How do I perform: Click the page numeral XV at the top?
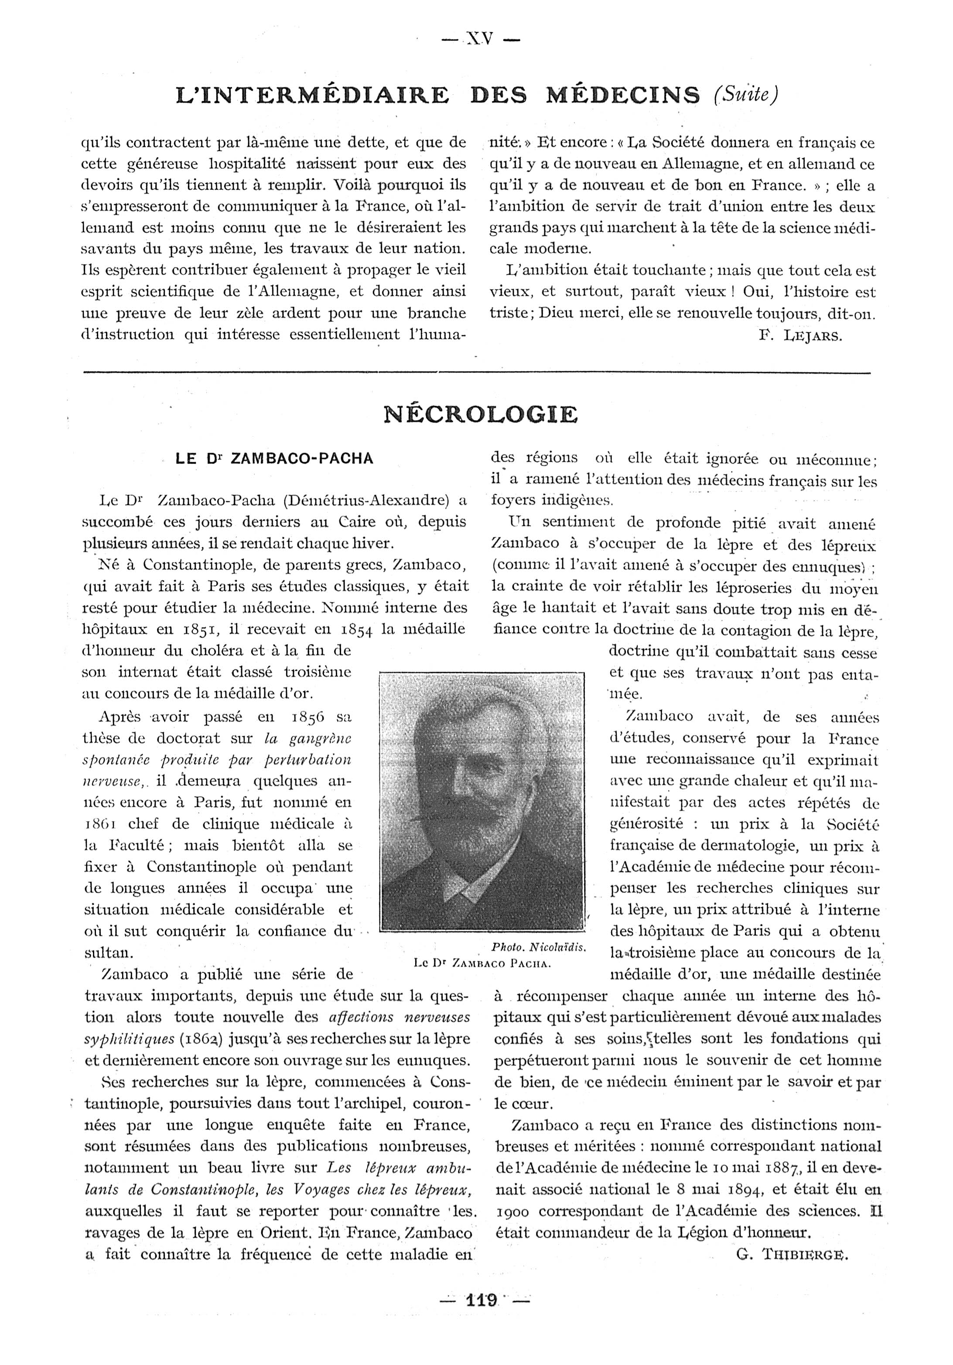pyautogui.click(x=479, y=39)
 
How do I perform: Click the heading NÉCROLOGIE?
pyautogui.click(x=480, y=414)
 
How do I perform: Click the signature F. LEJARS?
pyautogui.click(x=800, y=336)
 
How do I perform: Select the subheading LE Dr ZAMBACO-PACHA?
pyautogui.click(x=275, y=459)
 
